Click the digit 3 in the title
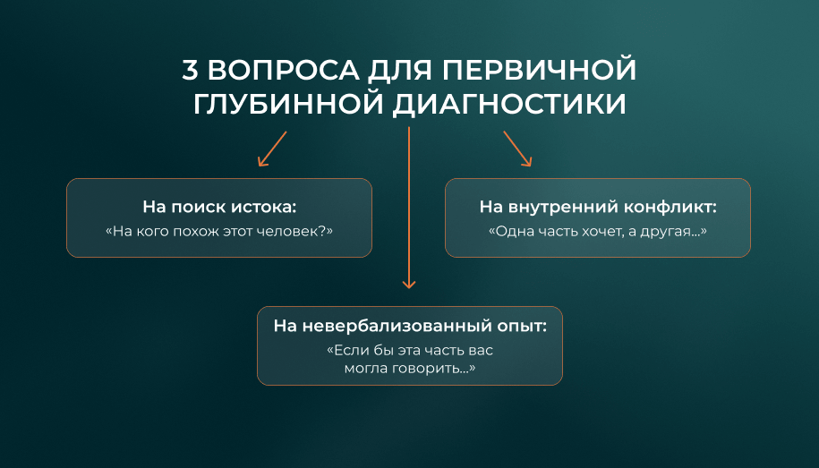[x=190, y=70]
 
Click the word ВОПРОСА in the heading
[x=284, y=70]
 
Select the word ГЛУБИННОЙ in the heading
[x=288, y=104]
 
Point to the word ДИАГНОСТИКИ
[x=509, y=105]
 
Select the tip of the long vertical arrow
[x=409, y=288]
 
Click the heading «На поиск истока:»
[x=219, y=207]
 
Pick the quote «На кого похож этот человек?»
[x=219, y=231]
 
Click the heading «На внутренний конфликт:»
[x=598, y=207]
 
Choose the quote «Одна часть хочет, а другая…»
[x=598, y=232]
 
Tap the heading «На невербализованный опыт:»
[x=410, y=326]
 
